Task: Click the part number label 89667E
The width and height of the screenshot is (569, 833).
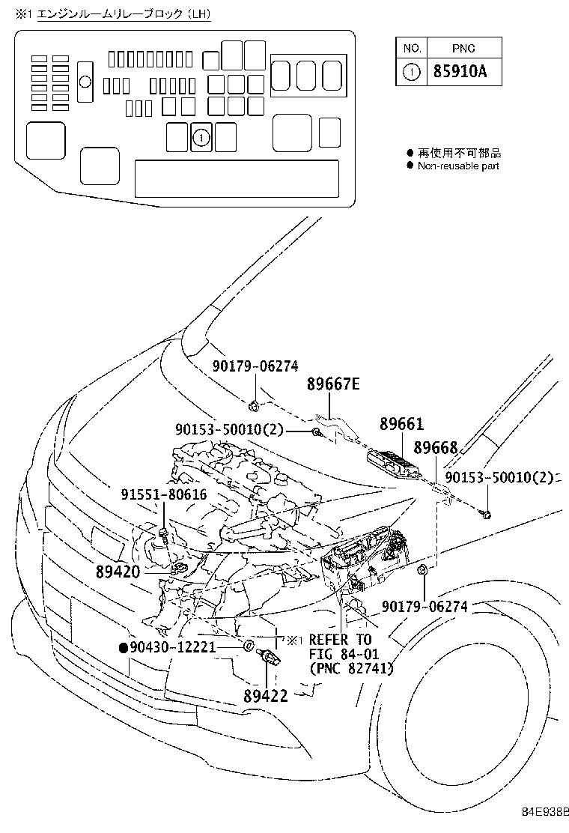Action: point(333,385)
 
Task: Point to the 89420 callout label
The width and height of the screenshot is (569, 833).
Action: point(118,572)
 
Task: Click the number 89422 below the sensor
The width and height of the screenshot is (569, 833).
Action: point(265,696)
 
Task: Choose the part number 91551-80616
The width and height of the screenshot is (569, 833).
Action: point(164,495)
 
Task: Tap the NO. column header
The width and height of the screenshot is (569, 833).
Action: point(412,48)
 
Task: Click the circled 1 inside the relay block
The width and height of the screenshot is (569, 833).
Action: point(201,137)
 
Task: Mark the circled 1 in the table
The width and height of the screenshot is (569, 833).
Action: point(412,72)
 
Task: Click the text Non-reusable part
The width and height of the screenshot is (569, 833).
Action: point(458,166)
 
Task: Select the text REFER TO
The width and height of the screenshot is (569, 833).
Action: point(340,640)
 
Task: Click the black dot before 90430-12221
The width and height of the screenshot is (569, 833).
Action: point(122,646)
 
